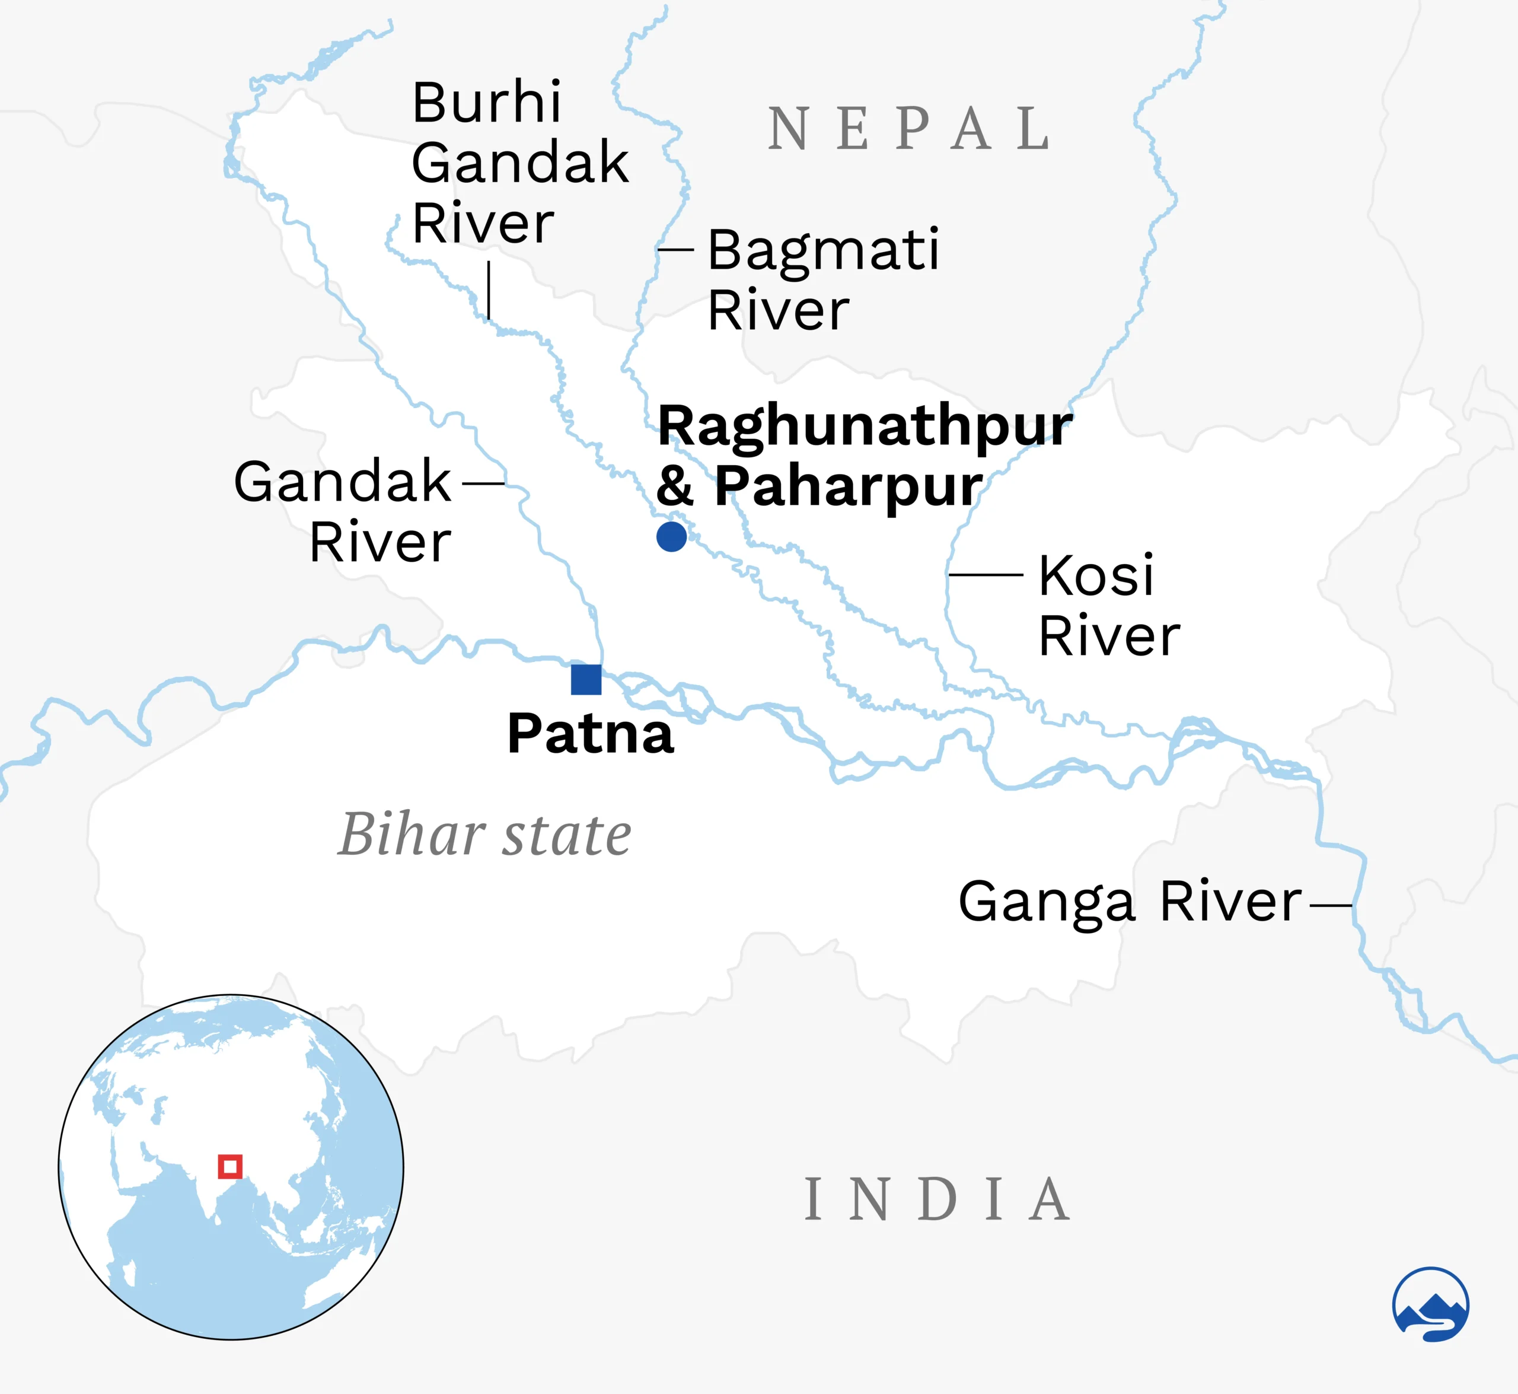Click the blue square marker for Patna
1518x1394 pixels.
tap(586, 680)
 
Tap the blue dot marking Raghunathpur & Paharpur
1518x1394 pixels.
tap(671, 536)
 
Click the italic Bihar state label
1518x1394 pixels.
tap(484, 835)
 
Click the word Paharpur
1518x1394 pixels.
tap(849, 486)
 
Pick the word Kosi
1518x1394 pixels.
tap(1096, 575)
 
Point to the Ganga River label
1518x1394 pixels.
tap(1130, 902)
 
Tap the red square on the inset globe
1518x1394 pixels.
tap(230, 1166)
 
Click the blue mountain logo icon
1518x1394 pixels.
tap(1430, 1304)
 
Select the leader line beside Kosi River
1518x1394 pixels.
tap(985, 575)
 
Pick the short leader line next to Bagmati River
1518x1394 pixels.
tap(675, 249)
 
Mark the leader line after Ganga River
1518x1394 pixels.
tap(1331, 905)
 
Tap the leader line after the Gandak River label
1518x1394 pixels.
tap(483, 483)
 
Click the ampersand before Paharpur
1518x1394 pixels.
tap(674, 486)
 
